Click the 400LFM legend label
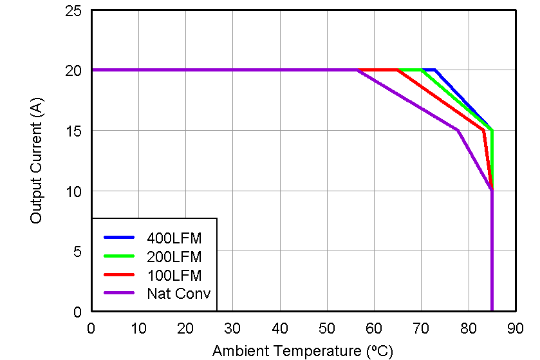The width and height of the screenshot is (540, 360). [174, 238]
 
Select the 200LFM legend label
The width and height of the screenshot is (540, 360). [174, 257]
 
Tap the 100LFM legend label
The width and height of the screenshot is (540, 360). [174, 276]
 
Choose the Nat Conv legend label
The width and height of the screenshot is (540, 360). [179, 294]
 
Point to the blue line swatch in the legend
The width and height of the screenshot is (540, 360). [118, 238]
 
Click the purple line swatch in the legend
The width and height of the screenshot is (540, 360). [118, 294]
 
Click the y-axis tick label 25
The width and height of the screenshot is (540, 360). [73, 11]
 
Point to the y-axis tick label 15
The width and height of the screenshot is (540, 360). [73, 131]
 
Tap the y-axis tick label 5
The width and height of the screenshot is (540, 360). [77, 252]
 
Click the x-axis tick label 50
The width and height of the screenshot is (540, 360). [327, 328]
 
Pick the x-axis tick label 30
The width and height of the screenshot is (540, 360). [232, 328]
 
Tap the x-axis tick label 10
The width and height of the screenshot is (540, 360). [138, 328]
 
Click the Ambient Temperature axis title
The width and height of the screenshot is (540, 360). [302, 351]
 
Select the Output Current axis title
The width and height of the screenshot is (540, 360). [36, 162]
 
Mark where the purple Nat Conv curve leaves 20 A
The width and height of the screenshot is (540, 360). [357, 70]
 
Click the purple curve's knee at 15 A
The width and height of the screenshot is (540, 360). [458, 130]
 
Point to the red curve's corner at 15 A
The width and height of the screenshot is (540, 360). [483, 130]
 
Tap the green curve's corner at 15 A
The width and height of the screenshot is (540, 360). [492, 131]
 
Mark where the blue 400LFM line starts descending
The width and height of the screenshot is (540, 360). [436, 70]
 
